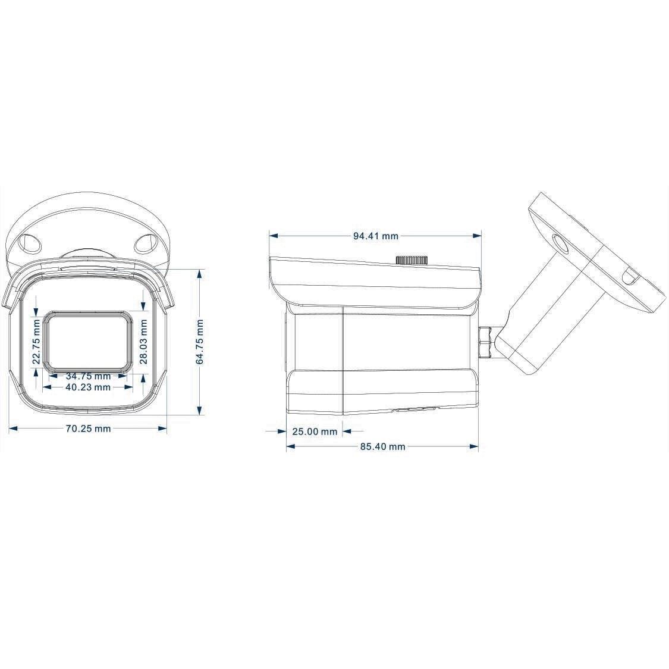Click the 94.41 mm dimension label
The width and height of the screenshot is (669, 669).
[375, 236]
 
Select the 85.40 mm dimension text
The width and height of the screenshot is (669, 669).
[382, 446]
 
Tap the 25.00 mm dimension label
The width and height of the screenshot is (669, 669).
[315, 432]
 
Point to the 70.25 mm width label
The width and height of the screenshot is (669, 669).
[88, 429]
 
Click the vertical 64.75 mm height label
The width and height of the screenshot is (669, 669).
[200, 342]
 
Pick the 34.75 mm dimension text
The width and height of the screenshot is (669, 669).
[88, 376]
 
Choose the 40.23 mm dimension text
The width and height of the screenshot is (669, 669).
[88, 387]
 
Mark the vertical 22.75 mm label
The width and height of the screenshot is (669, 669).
[37, 342]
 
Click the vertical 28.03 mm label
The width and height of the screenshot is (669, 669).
[143, 342]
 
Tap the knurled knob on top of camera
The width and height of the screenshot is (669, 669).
[412, 260]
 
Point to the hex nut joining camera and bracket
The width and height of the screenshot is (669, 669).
[486, 342]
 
